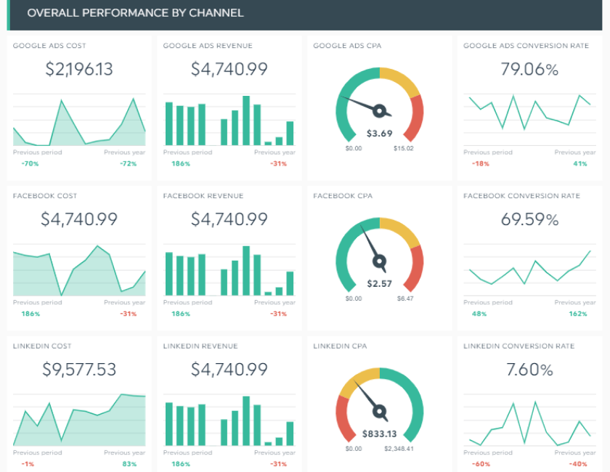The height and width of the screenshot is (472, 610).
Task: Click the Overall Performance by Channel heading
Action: (135, 13)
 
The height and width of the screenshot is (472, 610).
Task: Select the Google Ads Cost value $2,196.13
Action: (79, 69)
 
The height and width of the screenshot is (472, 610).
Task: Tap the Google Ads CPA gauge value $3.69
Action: (379, 133)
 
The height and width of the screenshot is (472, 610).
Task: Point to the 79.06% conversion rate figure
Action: (529, 69)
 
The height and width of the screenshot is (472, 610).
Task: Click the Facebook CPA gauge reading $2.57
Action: (379, 283)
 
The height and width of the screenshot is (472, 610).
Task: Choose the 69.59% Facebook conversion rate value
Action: (529, 219)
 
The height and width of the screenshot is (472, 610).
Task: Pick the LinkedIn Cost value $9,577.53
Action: (79, 370)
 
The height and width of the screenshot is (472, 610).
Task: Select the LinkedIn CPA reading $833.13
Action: (379, 434)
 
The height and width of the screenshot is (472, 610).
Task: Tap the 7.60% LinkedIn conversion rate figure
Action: (529, 370)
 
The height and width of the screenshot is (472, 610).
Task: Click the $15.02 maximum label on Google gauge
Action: (404, 148)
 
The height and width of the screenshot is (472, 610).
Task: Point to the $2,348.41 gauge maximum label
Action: (399, 449)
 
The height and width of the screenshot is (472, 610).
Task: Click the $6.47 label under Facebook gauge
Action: (405, 298)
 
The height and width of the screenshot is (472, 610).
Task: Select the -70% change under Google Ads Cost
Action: (30, 163)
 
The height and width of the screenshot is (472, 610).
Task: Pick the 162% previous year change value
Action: (578, 314)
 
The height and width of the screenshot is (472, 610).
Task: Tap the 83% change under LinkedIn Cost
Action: (130, 464)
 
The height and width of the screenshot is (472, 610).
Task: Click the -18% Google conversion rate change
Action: (480, 163)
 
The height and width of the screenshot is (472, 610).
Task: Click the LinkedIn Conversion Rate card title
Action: (518, 346)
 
